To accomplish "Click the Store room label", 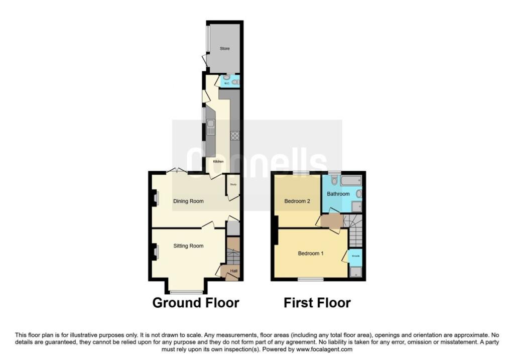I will [224, 49].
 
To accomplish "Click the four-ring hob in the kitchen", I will [234, 135].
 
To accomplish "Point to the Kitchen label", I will [218, 162].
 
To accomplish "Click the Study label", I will [233, 185].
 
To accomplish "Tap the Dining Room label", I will [188, 201].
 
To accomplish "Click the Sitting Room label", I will [188, 246].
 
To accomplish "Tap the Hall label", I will [234, 272].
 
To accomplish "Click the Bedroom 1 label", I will [311, 254].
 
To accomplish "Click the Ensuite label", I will [355, 256].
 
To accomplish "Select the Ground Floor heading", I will [195, 303].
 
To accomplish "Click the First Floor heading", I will [317, 303].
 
